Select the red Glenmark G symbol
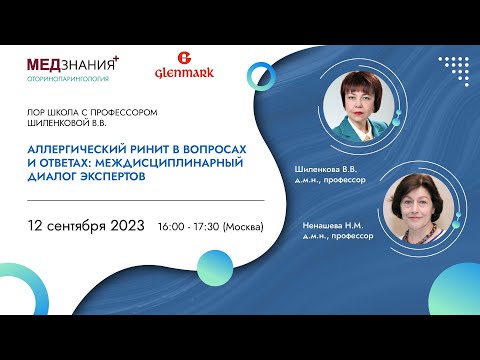[182, 58]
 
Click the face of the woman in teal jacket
[361, 99]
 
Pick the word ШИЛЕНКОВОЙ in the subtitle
[57, 124]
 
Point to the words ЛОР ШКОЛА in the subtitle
[51, 113]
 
